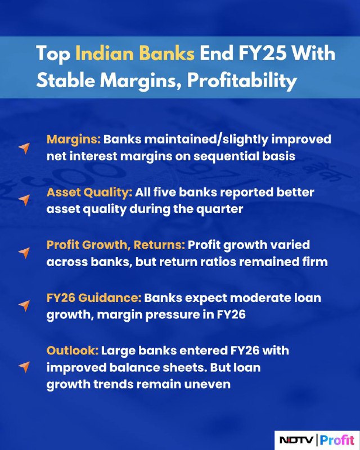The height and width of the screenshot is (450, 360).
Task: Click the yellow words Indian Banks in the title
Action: [135, 53]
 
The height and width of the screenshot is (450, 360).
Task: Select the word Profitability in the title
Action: [242, 80]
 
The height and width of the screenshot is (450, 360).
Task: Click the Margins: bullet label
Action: [74, 139]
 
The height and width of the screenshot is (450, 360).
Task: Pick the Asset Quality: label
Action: [89, 192]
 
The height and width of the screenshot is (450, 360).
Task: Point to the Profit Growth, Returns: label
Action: [116, 245]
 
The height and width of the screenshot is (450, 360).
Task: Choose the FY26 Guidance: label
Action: [94, 298]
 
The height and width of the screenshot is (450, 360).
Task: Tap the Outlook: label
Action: [73, 350]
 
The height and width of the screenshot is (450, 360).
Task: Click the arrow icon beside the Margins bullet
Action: [24, 148]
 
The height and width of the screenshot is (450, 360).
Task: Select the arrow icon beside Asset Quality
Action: [24, 200]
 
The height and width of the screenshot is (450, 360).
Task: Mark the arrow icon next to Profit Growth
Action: [24, 253]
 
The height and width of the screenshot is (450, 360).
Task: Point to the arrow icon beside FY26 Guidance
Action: [24, 305]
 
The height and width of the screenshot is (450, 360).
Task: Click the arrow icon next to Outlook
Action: [24, 367]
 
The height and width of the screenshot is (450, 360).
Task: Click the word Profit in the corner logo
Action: [337, 440]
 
